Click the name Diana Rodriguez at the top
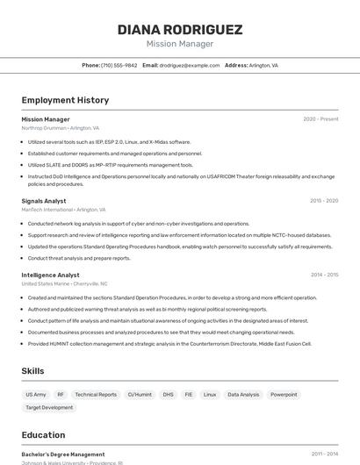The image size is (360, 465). (x=179, y=30)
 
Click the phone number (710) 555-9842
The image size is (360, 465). (x=119, y=66)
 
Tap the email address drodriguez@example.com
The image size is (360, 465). (x=190, y=66)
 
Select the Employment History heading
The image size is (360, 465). (x=65, y=101)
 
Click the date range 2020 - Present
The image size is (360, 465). (x=320, y=119)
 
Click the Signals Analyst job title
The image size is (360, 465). (x=44, y=201)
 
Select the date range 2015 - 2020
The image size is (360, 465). (x=324, y=201)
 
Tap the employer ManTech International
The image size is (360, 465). (x=47, y=210)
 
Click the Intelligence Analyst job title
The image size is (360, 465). (x=50, y=275)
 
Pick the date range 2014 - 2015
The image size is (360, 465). (x=324, y=275)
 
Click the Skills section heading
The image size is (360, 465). (x=32, y=371)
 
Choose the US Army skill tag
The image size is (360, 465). (x=36, y=395)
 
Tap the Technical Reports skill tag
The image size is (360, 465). (x=96, y=395)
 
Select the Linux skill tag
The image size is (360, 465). (x=210, y=395)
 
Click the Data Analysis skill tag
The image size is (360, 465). (x=243, y=395)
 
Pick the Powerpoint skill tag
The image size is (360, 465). (x=284, y=395)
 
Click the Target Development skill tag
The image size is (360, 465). (x=49, y=408)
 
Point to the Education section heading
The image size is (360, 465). (x=43, y=435)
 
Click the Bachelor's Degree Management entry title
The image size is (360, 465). (x=63, y=454)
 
